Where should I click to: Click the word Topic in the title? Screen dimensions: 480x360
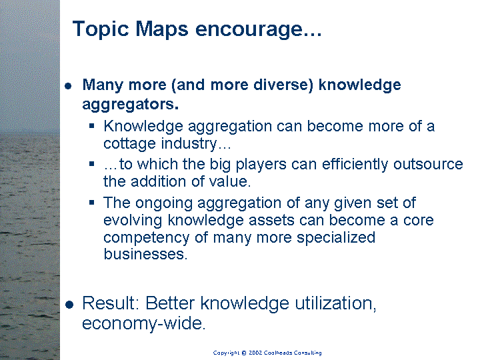101,29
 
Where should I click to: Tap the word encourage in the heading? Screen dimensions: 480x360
249,30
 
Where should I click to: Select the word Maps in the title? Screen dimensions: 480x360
161,29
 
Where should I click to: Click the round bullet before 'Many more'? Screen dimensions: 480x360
68,86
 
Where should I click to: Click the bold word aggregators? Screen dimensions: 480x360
131,105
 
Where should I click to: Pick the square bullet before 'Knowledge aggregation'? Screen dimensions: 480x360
92,125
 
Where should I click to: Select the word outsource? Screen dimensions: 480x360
428,164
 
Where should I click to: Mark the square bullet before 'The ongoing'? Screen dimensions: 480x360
92,203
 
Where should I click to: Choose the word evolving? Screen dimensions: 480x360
133,221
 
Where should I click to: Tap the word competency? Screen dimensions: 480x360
146,238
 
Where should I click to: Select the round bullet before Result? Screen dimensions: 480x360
69,305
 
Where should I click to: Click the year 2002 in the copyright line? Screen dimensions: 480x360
255,353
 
